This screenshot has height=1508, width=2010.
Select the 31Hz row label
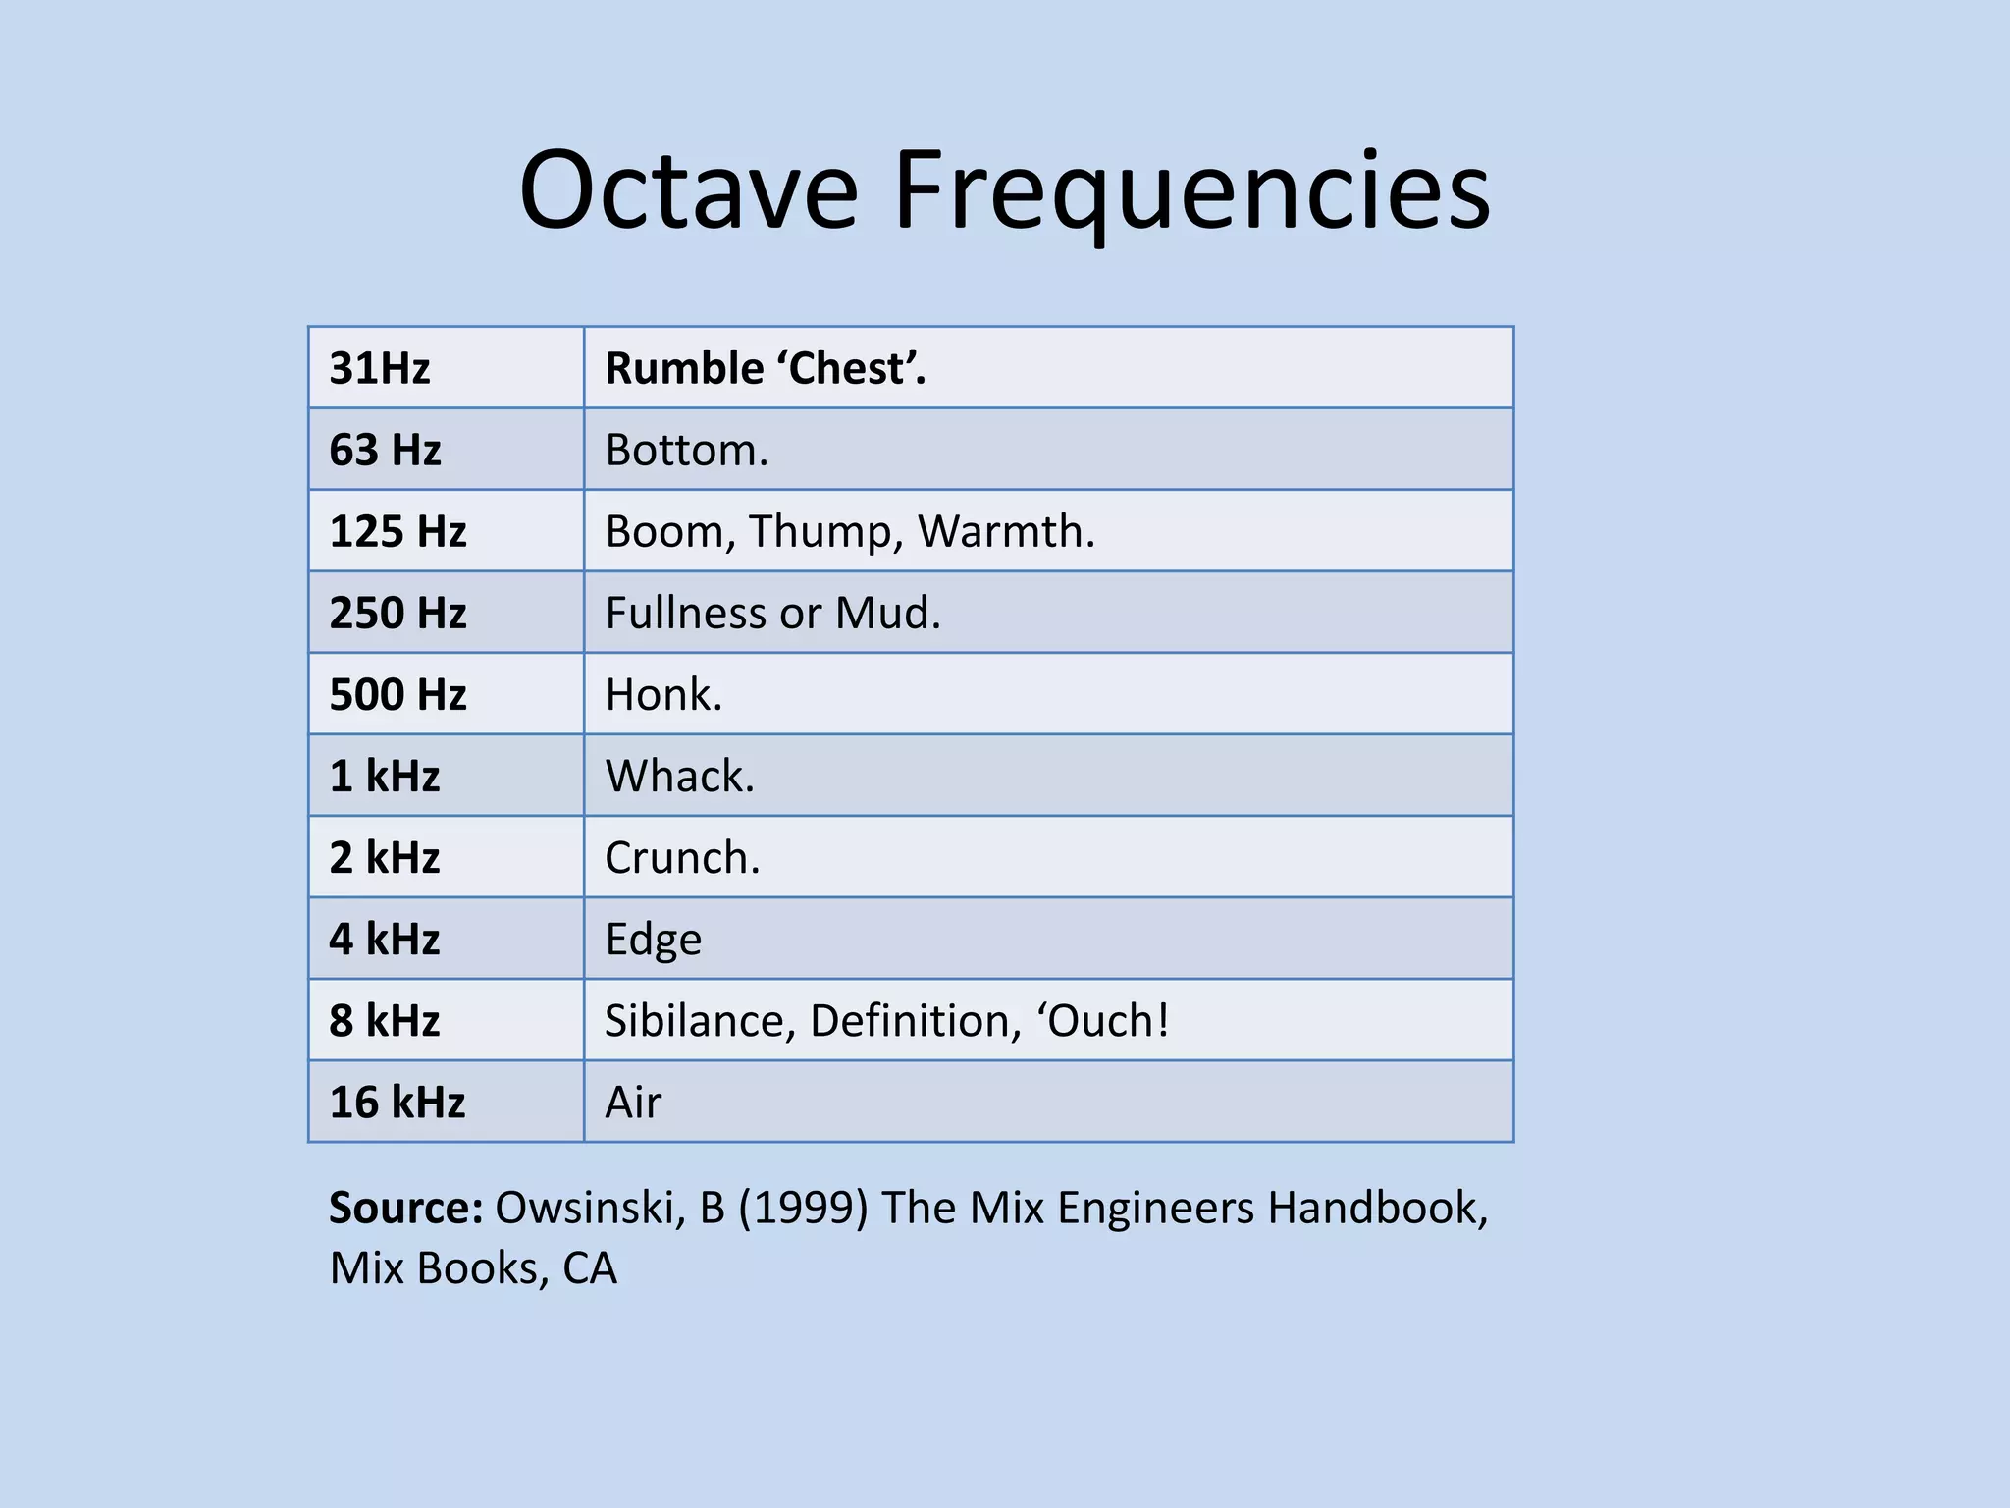click(380, 368)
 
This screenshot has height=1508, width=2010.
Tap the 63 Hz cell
click(385, 450)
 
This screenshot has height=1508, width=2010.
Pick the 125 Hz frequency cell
click(397, 531)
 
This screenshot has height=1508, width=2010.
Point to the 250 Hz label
click(397, 613)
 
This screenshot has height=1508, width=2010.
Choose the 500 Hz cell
click(397, 694)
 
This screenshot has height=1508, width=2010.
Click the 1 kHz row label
click(385, 776)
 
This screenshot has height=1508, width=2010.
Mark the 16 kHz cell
click(397, 1102)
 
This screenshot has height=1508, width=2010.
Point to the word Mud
click(887, 613)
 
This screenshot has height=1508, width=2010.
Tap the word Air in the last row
click(633, 1102)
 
